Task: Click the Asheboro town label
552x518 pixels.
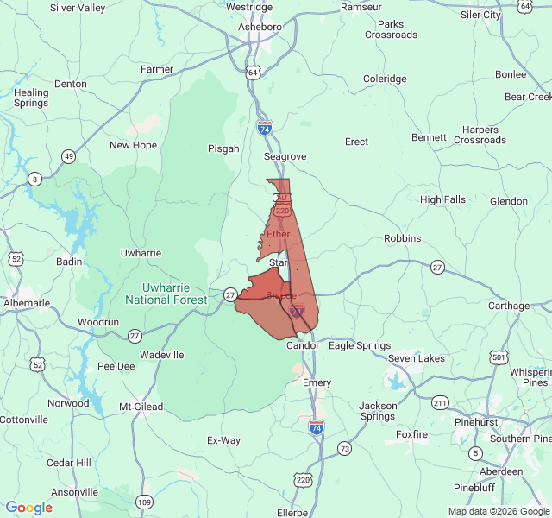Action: coord(260,27)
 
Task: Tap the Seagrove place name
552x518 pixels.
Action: coord(285,156)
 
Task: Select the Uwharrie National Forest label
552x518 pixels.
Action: coord(166,294)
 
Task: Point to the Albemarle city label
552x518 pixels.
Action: coord(27,303)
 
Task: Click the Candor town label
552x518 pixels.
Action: coord(303,345)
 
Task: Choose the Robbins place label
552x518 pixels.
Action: coord(402,238)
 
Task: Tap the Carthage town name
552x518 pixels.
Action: coord(510,306)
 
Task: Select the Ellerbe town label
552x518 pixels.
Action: coord(292,512)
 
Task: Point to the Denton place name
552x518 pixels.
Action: coord(71,84)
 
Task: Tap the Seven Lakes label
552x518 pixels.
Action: coord(417,358)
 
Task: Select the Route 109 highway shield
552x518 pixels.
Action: coord(144,502)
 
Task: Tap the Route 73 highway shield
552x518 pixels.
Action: coord(345,448)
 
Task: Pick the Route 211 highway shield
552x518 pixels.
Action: coord(441,403)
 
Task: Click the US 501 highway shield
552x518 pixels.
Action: coord(498,357)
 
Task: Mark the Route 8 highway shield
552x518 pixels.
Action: coord(34,179)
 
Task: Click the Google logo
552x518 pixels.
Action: coord(29,507)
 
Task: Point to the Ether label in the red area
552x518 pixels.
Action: coord(279,234)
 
